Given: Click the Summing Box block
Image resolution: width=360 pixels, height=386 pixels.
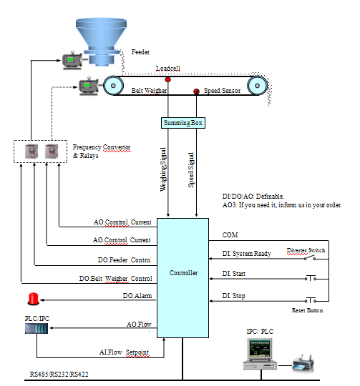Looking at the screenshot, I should tap(183, 123).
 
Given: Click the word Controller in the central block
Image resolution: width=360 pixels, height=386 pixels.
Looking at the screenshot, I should tap(183, 272).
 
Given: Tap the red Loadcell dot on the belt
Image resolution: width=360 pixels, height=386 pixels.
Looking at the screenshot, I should tap(167, 79).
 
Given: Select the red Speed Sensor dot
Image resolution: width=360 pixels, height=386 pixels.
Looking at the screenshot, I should tap(197, 91).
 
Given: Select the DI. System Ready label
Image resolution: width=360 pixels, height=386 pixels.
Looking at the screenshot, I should tap(246, 253).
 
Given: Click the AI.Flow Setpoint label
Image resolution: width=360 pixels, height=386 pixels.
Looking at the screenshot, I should tap(128, 352).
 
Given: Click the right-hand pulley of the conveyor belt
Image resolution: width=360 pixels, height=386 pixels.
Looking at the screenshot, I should tap(255, 86).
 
